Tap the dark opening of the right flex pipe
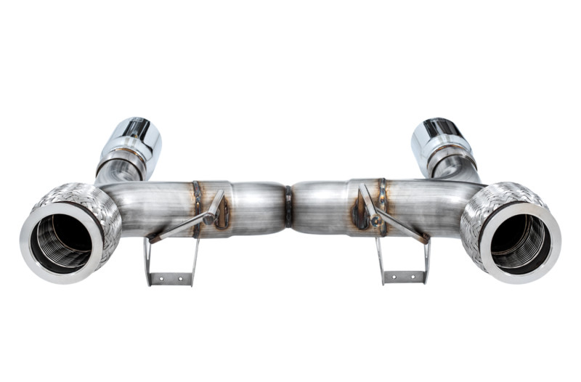519,241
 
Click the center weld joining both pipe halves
288,206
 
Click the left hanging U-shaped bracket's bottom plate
171,277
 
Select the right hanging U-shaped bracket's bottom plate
403,277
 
